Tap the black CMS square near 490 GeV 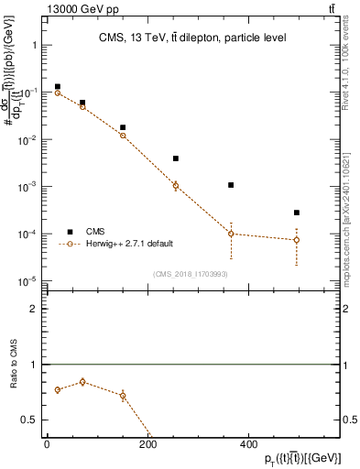coord(296,213)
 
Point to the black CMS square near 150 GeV coord(123,127)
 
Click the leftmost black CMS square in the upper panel coord(57,87)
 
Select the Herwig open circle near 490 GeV coord(296,240)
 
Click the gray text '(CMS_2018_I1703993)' coord(191,274)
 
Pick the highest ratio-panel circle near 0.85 coord(82,382)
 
